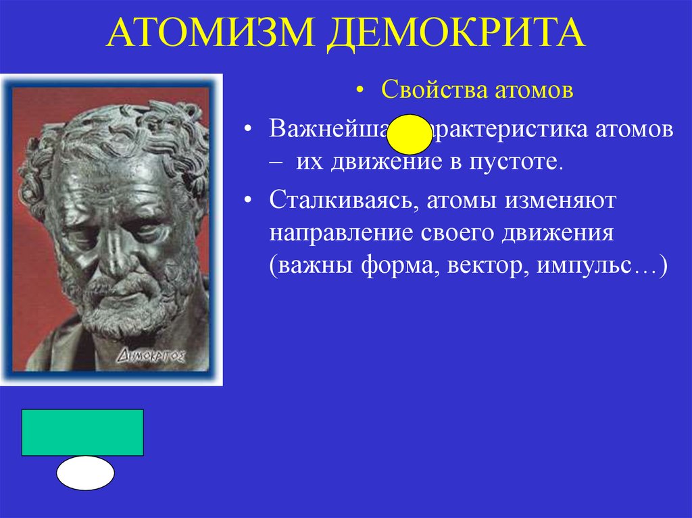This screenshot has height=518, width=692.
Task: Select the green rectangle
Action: [x=82, y=432]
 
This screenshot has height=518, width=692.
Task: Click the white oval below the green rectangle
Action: [x=85, y=473]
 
